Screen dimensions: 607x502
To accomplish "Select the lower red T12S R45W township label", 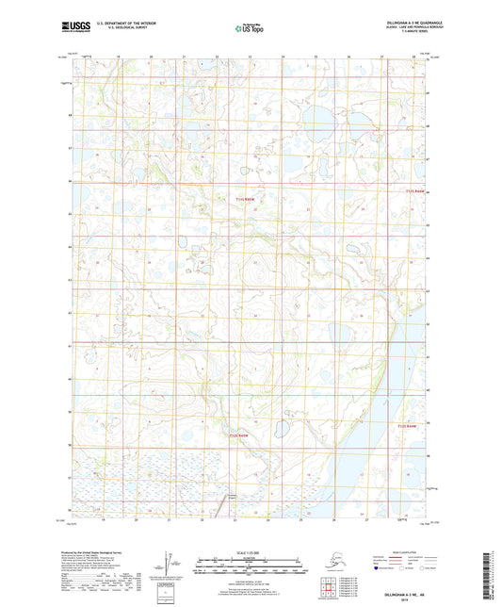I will click(242, 436).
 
